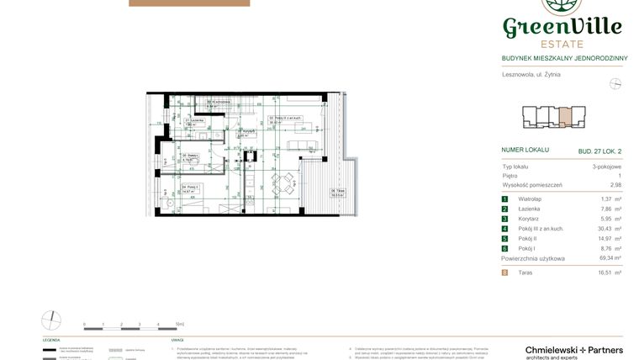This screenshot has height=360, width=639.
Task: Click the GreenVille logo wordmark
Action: click(x=562, y=27)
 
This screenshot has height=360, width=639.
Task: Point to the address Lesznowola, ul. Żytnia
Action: click(x=531, y=75)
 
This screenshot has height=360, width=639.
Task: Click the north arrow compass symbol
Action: click(x=615, y=83)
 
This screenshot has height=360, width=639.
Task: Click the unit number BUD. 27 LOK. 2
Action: click(x=599, y=151)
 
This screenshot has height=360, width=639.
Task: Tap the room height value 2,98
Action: click(x=615, y=184)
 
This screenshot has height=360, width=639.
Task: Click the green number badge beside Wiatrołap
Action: click(x=504, y=199)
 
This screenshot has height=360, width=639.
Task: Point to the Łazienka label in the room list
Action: click(x=529, y=209)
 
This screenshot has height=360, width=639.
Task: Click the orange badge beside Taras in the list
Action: click(x=504, y=273)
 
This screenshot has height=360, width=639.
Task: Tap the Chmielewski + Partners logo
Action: click(x=573, y=352)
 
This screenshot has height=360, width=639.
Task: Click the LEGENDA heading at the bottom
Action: click(x=50, y=340)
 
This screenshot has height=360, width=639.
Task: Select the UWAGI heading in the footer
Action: click(x=177, y=340)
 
